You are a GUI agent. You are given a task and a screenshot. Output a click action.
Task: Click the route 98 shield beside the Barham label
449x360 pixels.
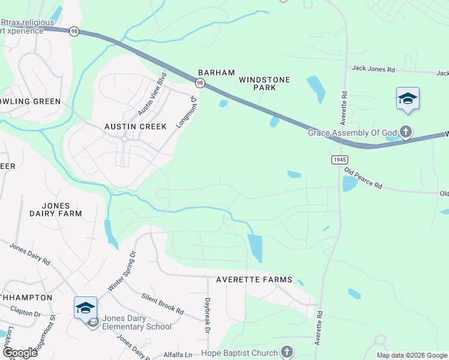[200, 82]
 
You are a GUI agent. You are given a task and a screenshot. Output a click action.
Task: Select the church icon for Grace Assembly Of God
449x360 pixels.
[406, 132]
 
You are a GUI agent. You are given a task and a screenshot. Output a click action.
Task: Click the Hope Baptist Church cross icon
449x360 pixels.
[287, 353]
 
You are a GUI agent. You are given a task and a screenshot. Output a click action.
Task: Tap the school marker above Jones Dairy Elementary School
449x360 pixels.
[85, 308]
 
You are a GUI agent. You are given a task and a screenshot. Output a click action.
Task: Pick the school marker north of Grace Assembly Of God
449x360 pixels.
[408, 99]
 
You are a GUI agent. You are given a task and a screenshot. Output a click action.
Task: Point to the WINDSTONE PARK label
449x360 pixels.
[264, 83]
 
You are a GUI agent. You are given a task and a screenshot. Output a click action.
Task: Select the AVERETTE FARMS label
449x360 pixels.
[254, 280]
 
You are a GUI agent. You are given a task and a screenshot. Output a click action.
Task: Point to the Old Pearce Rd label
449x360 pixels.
[363, 178]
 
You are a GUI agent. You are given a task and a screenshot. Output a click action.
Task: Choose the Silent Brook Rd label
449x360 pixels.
[162, 304]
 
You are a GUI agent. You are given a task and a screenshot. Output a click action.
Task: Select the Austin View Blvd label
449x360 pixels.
[151, 95]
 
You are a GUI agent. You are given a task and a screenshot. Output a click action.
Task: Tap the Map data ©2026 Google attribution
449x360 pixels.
[412, 355]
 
